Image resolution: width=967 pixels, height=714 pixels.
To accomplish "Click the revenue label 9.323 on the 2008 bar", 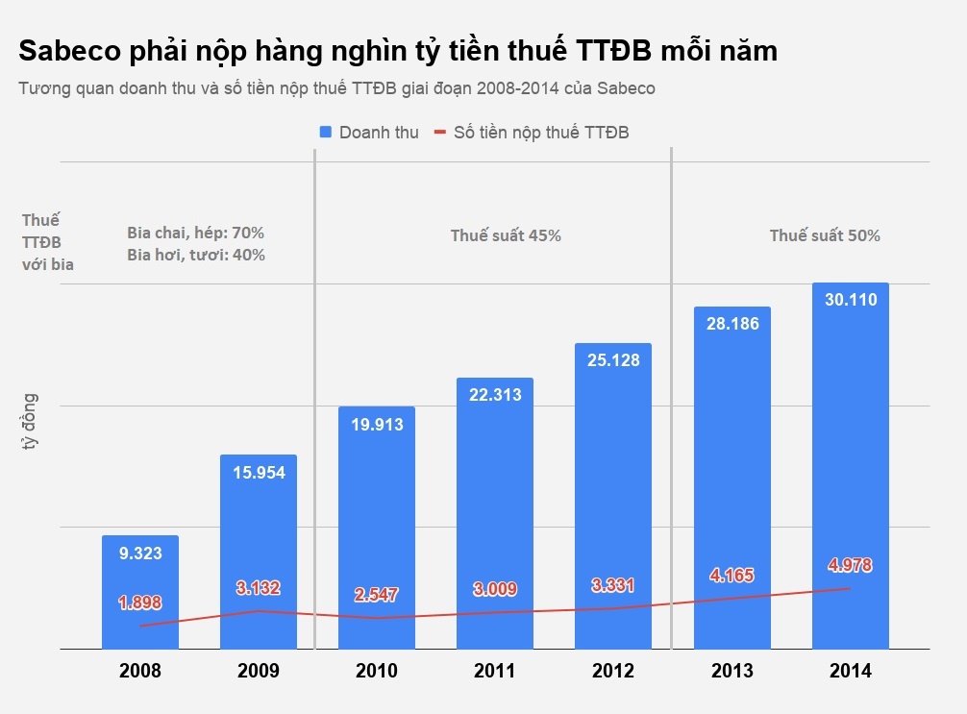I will click(x=140, y=553).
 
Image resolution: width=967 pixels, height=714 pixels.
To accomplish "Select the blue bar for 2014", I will click(x=850, y=461).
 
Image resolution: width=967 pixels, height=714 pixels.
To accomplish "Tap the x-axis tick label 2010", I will click(x=377, y=671).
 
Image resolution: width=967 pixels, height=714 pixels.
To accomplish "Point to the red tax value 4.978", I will click(x=850, y=565).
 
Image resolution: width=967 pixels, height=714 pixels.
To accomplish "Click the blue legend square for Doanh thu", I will click(x=325, y=133).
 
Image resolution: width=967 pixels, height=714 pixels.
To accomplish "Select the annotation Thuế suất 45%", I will click(x=506, y=235).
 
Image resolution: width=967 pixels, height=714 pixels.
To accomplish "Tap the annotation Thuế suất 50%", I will click(x=825, y=235).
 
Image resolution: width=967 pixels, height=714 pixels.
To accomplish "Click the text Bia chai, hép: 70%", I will click(x=196, y=233).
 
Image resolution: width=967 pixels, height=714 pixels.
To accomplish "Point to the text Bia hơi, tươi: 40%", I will click(x=196, y=255).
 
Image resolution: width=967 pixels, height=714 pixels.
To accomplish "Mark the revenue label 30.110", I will click(x=850, y=300).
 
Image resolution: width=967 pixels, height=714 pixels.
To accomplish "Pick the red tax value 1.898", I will click(x=140, y=603).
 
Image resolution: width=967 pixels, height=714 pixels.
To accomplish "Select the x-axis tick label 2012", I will click(x=613, y=671).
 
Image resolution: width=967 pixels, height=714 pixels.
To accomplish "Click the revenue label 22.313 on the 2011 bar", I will click(x=495, y=394).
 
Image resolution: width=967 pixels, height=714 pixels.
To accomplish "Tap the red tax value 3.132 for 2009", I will click(x=259, y=588).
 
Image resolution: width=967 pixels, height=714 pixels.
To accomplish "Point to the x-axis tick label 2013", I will click(x=731, y=671).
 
